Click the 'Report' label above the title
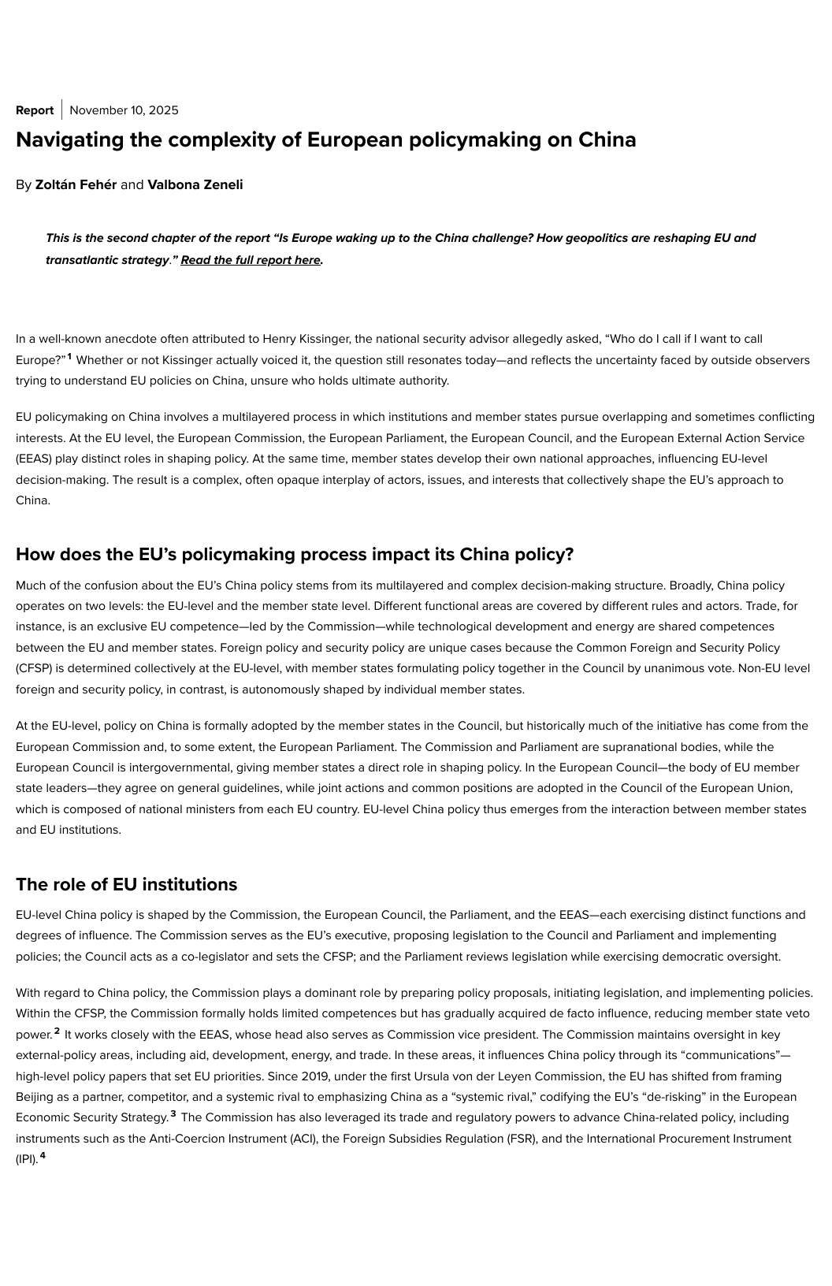[35, 110]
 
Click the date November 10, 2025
[124, 110]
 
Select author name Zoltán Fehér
[76, 185]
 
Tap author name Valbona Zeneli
[195, 185]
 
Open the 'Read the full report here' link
[251, 260]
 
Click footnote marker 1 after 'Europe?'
[69, 357]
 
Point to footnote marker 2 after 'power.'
[57, 1031]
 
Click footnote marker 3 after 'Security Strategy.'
[173, 1114]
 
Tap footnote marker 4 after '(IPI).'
[43, 1156]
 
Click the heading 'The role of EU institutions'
[126, 884]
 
